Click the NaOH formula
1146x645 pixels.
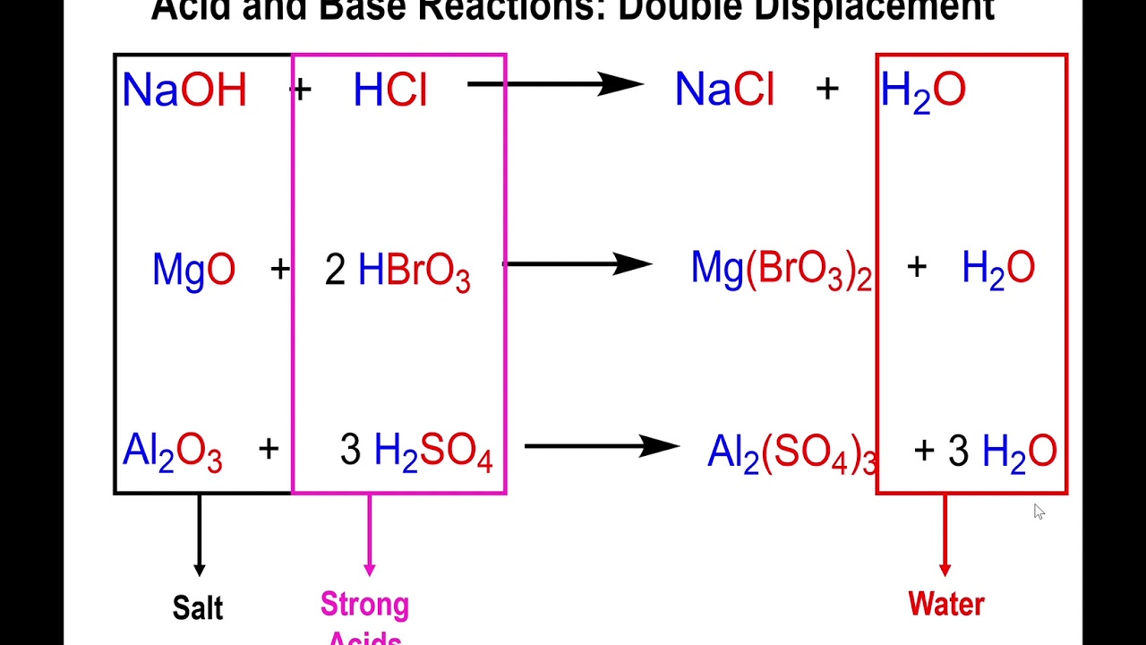pos(184,90)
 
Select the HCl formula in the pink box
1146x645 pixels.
pos(390,90)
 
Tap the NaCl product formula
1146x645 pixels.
pos(724,90)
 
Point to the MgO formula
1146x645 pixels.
pos(193,269)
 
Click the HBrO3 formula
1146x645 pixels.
pos(414,271)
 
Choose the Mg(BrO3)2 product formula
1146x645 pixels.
pos(781,270)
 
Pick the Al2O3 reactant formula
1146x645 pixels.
pos(172,451)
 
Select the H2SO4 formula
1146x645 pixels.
pos(433,451)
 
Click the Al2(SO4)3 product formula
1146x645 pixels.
pos(791,452)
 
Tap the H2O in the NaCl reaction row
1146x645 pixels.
pos(923,91)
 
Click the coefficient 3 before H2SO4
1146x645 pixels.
pos(350,451)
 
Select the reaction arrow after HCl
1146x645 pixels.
pos(555,84)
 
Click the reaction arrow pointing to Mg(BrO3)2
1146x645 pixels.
pos(578,264)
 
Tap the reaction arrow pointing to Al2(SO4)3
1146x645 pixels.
pos(602,445)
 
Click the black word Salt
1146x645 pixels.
pos(198,608)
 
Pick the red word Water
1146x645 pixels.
pos(946,604)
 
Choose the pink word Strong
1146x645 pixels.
pos(364,605)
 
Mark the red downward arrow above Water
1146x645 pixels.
pos(945,536)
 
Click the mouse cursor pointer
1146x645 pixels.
pos(1039,512)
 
